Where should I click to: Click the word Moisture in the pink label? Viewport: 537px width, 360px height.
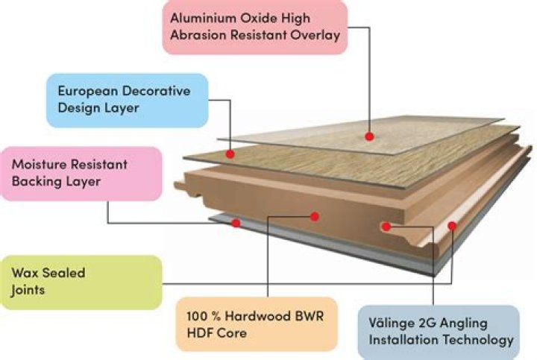[x=35, y=163]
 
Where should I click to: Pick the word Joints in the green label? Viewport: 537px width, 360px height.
[x=29, y=290]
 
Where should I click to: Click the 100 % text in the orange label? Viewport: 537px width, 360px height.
[x=202, y=316]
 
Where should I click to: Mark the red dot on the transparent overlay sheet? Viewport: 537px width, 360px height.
[x=368, y=136]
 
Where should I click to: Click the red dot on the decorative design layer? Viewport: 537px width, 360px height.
[x=231, y=154]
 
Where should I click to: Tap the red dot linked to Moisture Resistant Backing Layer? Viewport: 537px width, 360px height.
[x=236, y=222]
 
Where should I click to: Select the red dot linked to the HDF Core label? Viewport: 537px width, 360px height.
[x=315, y=216]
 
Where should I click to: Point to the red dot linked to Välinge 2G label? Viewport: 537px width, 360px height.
[x=386, y=224]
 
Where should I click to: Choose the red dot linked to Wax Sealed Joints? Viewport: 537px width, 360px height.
[x=451, y=225]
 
